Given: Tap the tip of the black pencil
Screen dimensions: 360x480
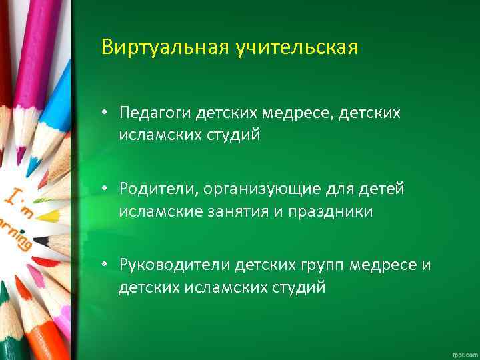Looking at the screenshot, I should (x=37, y=240).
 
